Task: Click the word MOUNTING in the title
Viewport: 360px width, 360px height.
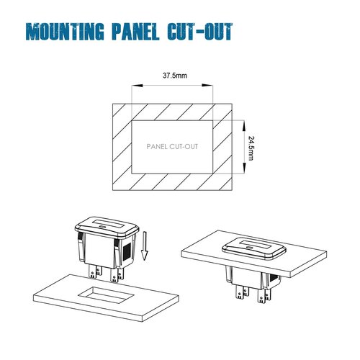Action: click(65, 32)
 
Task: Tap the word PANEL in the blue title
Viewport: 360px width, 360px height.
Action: click(135, 32)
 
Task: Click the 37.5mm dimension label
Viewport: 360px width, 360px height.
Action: click(175, 76)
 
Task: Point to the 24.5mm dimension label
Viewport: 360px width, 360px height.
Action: click(251, 148)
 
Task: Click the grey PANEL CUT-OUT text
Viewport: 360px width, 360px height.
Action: click(172, 146)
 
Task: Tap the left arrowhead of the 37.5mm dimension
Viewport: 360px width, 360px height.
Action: click(138, 86)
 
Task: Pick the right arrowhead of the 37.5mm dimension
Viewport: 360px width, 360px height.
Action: click(207, 86)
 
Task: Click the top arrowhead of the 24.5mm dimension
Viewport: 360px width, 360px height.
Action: click(244, 126)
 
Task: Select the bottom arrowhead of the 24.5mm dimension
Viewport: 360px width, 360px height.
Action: click(244, 168)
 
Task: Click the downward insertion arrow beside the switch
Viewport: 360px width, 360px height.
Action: click(144, 246)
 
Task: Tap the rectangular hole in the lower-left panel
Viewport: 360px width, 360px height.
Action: click(106, 294)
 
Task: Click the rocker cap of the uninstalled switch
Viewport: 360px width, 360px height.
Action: click(107, 227)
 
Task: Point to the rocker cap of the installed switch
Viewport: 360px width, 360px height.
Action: click(254, 249)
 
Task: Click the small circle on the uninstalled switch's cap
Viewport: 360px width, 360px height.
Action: click(102, 226)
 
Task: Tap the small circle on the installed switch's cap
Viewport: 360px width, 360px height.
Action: click(249, 248)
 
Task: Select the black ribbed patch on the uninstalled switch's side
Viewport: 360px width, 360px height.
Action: click(127, 251)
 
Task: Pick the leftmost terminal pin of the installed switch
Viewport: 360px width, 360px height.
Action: click(240, 292)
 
